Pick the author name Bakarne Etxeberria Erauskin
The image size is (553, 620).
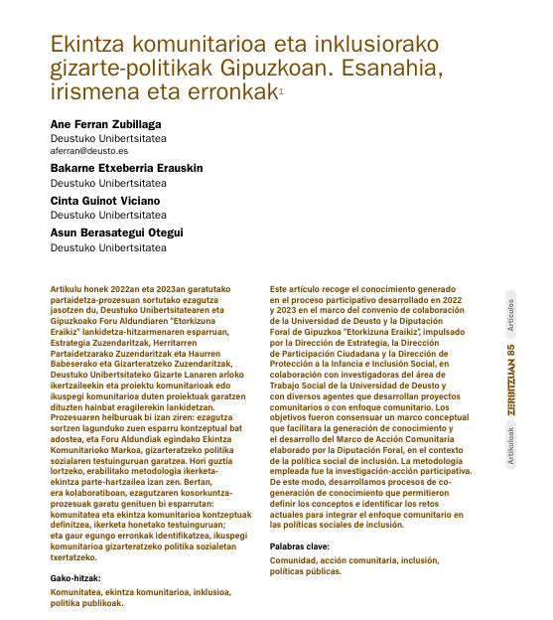click(x=126, y=169)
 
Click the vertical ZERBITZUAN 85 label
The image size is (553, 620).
click(x=510, y=384)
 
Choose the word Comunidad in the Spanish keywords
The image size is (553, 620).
click(x=295, y=562)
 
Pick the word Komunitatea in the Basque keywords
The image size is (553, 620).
click(x=77, y=592)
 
